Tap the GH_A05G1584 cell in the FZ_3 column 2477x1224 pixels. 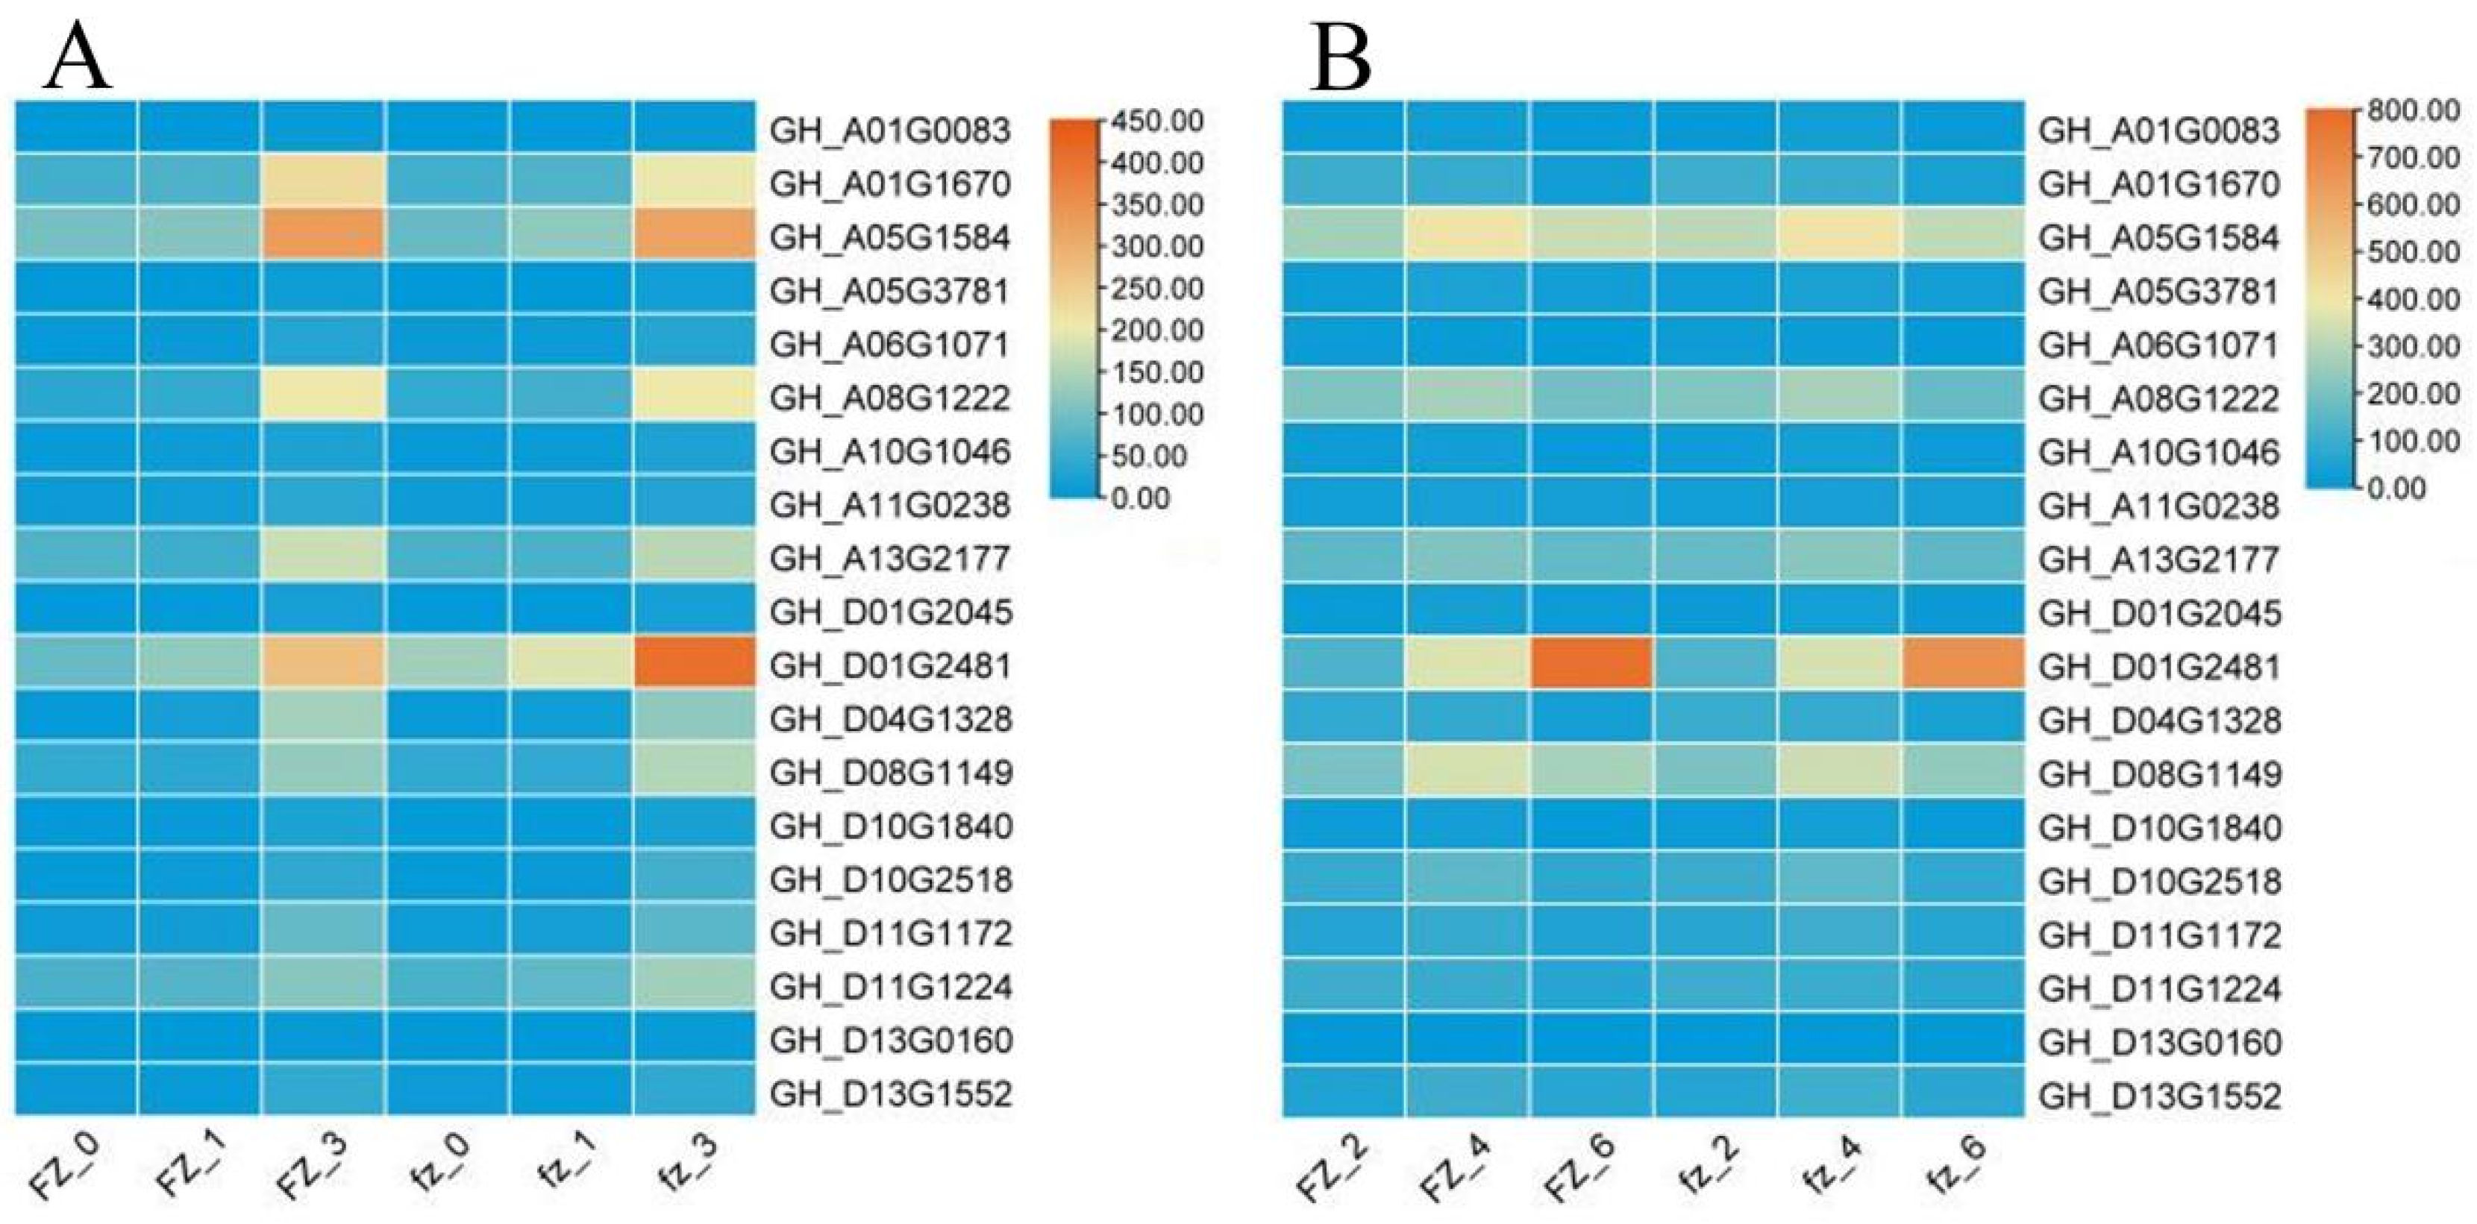[x=323, y=233]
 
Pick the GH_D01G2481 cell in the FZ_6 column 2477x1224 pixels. [x=1591, y=663]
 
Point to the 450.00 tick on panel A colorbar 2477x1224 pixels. [x=1156, y=121]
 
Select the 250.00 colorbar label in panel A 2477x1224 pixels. [x=1156, y=289]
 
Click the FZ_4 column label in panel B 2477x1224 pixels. [x=1455, y=1168]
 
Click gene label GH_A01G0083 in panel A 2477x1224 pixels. [x=890, y=130]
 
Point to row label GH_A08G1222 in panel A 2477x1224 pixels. [x=890, y=398]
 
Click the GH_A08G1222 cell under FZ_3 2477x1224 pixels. [x=323, y=395]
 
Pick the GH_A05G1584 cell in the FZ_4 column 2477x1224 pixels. [x=1468, y=233]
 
